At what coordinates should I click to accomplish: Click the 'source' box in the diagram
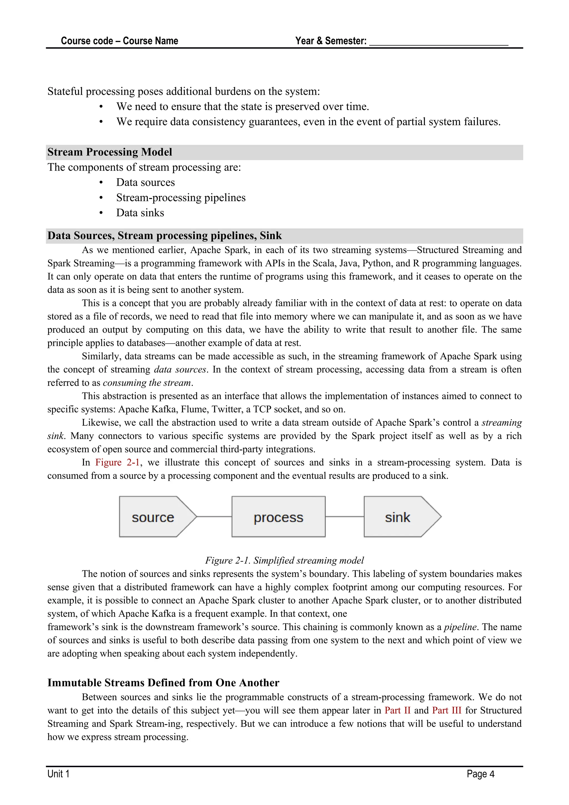pos(153,517)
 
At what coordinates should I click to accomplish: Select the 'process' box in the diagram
pos(279,517)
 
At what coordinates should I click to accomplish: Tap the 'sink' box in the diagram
pos(398,517)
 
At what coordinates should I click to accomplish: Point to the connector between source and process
pos(214,516)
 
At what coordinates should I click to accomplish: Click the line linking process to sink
pos(345,516)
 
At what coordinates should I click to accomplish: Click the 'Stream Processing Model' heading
pos(110,152)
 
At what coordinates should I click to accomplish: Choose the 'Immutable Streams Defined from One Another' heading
pos(163,683)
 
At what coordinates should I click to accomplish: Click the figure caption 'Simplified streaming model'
pos(284,560)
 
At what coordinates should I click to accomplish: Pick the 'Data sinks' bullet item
pos(140,213)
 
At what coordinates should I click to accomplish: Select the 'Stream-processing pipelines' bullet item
pos(181,198)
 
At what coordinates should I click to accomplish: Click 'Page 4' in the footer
pos(480,774)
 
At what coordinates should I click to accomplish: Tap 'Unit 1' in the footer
pos(59,774)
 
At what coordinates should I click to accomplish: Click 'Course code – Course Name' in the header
pos(119,41)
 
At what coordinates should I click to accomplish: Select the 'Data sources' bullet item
pos(145,183)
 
